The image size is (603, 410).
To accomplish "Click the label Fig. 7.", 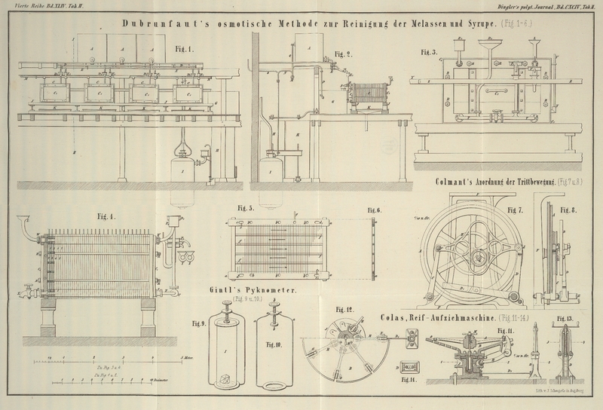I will coord(516,209).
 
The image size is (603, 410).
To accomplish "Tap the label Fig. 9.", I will coord(199,324).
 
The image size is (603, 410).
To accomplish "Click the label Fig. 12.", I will coord(344,310).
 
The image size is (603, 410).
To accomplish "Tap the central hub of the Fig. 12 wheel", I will coord(352,337).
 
